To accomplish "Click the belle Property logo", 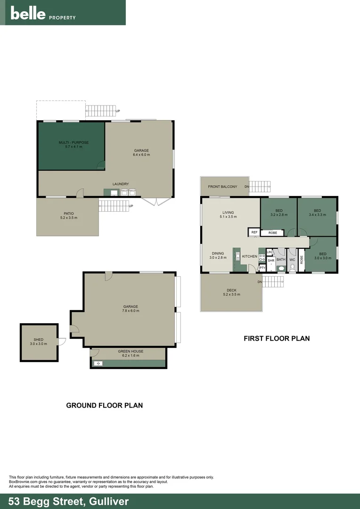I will [43, 14].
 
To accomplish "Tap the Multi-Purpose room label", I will [74, 145].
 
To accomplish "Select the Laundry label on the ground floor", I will [121, 184].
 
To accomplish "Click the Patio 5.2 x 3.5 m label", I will [68, 216].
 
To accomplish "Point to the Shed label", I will [38, 342].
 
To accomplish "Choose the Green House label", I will [131, 353].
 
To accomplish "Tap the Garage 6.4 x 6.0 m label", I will [141, 153].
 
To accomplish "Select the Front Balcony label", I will [222, 187].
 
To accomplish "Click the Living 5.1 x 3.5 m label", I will [229, 214].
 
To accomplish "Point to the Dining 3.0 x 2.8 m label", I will [218, 255].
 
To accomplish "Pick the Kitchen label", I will [250, 256].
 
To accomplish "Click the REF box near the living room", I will [254, 232].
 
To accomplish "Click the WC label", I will [292, 260].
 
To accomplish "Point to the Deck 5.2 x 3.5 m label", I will [231, 292].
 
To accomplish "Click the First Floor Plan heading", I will [276, 338].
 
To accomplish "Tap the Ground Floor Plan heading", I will [104, 405].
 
